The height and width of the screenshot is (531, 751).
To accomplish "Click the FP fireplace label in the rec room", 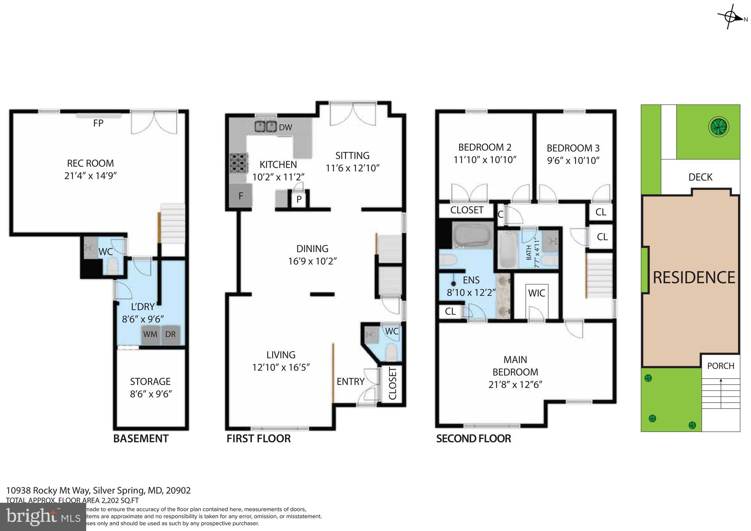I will click(98, 123).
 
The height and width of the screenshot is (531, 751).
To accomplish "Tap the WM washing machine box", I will click(150, 334).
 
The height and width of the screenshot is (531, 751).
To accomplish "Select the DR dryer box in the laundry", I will click(170, 334).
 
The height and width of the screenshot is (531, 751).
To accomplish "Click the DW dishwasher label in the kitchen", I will click(285, 128).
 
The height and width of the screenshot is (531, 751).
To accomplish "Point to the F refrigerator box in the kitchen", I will click(241, 196).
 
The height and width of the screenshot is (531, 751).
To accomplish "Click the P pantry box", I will click(299, 199).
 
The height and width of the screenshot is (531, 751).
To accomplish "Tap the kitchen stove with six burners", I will click(238, 163).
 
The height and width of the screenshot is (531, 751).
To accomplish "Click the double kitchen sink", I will click(265, 127).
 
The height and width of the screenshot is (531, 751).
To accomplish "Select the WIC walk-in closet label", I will click(536, 293).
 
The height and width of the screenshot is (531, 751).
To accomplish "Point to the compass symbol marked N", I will click(730, 17).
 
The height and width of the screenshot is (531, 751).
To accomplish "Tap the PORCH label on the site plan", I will click(721, 366).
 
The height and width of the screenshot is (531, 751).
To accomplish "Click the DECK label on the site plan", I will click(700, 177).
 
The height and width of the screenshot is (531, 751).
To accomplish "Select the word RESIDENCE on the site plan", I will click(694, 278).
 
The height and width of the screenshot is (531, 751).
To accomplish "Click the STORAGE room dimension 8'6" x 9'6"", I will click(150, 394).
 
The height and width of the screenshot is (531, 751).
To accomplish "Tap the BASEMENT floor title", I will click(141, 439).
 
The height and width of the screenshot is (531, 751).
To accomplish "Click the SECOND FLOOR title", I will click(473, 439).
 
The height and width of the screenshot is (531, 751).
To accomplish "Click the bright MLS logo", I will click(43, 517).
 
